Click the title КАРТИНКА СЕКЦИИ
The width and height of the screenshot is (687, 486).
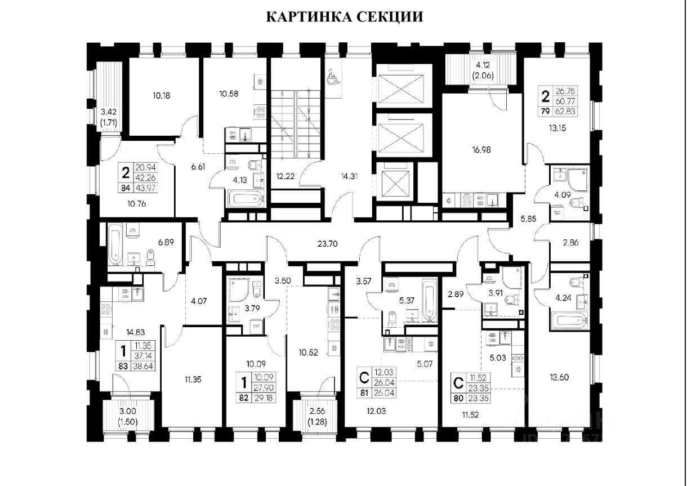pos(343,16)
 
